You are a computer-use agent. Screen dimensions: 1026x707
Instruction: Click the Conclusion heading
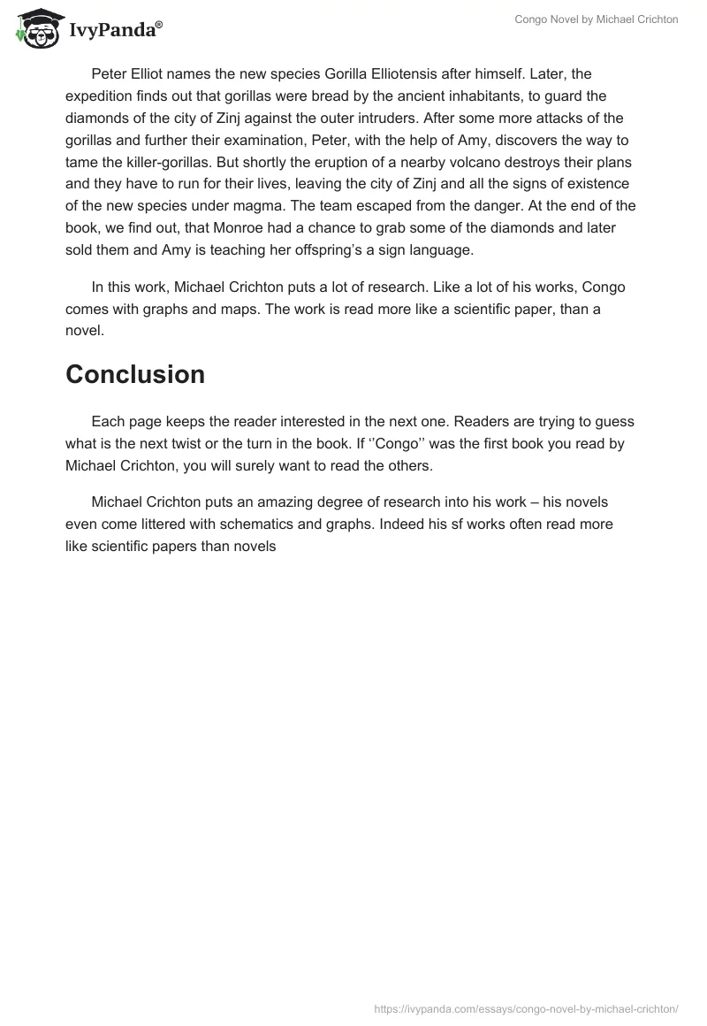[x=135, y=374]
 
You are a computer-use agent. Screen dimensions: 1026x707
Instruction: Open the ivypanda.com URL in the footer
[x=527, y=1007]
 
